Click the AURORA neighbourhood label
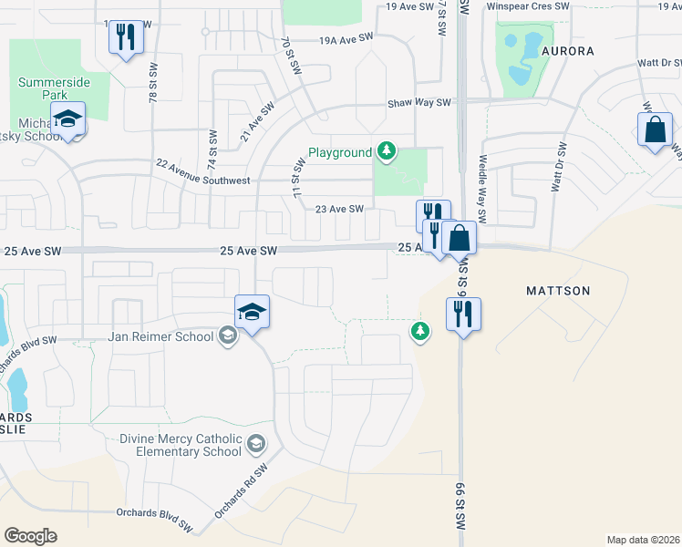(568, 51)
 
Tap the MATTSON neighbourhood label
(558, 291)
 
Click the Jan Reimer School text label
(161, 336)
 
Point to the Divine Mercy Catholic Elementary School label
(181, 445)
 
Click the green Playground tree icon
(387, 151)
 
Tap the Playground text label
(339, 152)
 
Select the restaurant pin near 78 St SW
(126, 37)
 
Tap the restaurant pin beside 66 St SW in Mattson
(463, 314)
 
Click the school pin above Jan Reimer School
(252, 312)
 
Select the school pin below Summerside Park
(67, 119)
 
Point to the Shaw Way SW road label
(419, 104)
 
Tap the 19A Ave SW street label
(346, 39)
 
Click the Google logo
(30, 536)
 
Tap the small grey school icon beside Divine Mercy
(257, 445)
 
